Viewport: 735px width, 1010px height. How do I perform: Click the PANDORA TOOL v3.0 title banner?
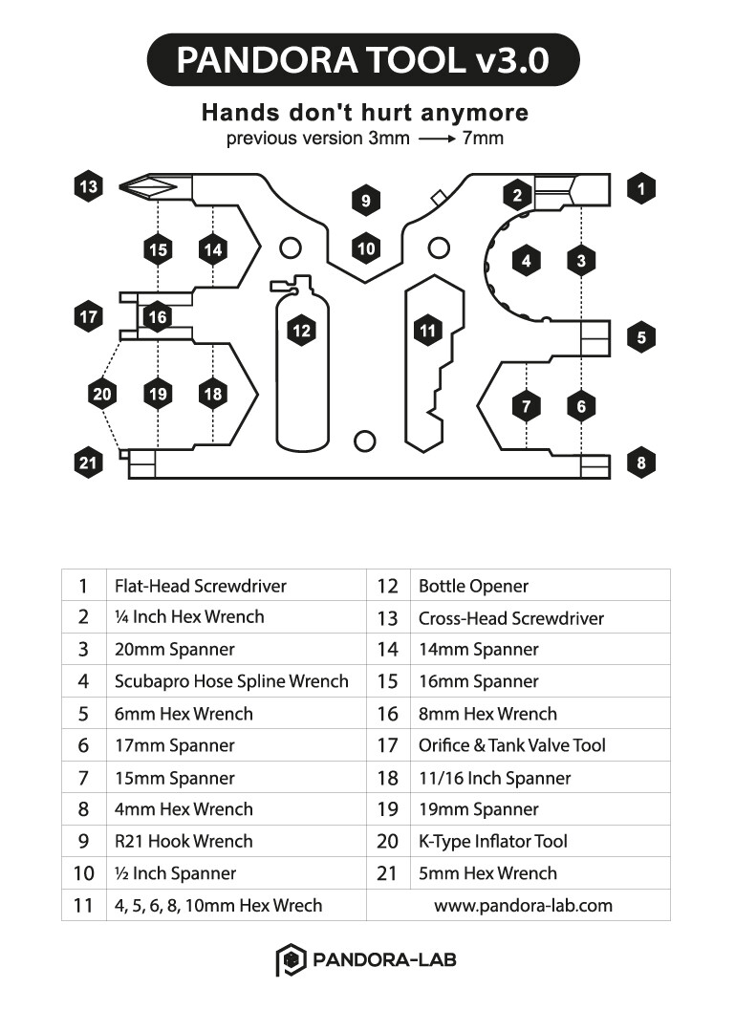tap(363, 59)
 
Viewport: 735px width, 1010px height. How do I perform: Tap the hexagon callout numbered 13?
tap(89, 186)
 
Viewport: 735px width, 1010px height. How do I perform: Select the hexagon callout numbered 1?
tap(641, 188)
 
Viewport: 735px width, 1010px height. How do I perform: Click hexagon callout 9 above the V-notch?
tap(365, 201)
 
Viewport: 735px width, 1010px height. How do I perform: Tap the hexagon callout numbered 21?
tap(89, 463)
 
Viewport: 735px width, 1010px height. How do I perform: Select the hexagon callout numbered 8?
tap(641, 463)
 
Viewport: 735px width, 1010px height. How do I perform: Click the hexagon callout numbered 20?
tap(102, 393)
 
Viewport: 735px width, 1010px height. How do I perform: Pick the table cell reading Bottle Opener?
tap(473, 586)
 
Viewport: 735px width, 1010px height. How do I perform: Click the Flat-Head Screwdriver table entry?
tap(201, 586)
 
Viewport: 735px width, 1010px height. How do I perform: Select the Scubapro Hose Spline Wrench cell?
tap(231, 681)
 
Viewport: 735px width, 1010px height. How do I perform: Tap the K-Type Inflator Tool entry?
tap(493, 841)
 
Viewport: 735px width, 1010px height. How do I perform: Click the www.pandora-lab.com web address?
tap(523, 905)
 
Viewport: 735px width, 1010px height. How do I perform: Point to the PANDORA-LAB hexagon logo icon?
tap(290, 959)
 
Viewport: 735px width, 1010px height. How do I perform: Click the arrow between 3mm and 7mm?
tap(435, 139)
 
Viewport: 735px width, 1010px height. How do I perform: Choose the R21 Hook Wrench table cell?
tap(184, 841)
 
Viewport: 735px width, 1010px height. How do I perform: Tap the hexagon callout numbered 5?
tap(641, 336)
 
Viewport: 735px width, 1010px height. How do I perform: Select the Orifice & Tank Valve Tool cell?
tap(512, 745)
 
